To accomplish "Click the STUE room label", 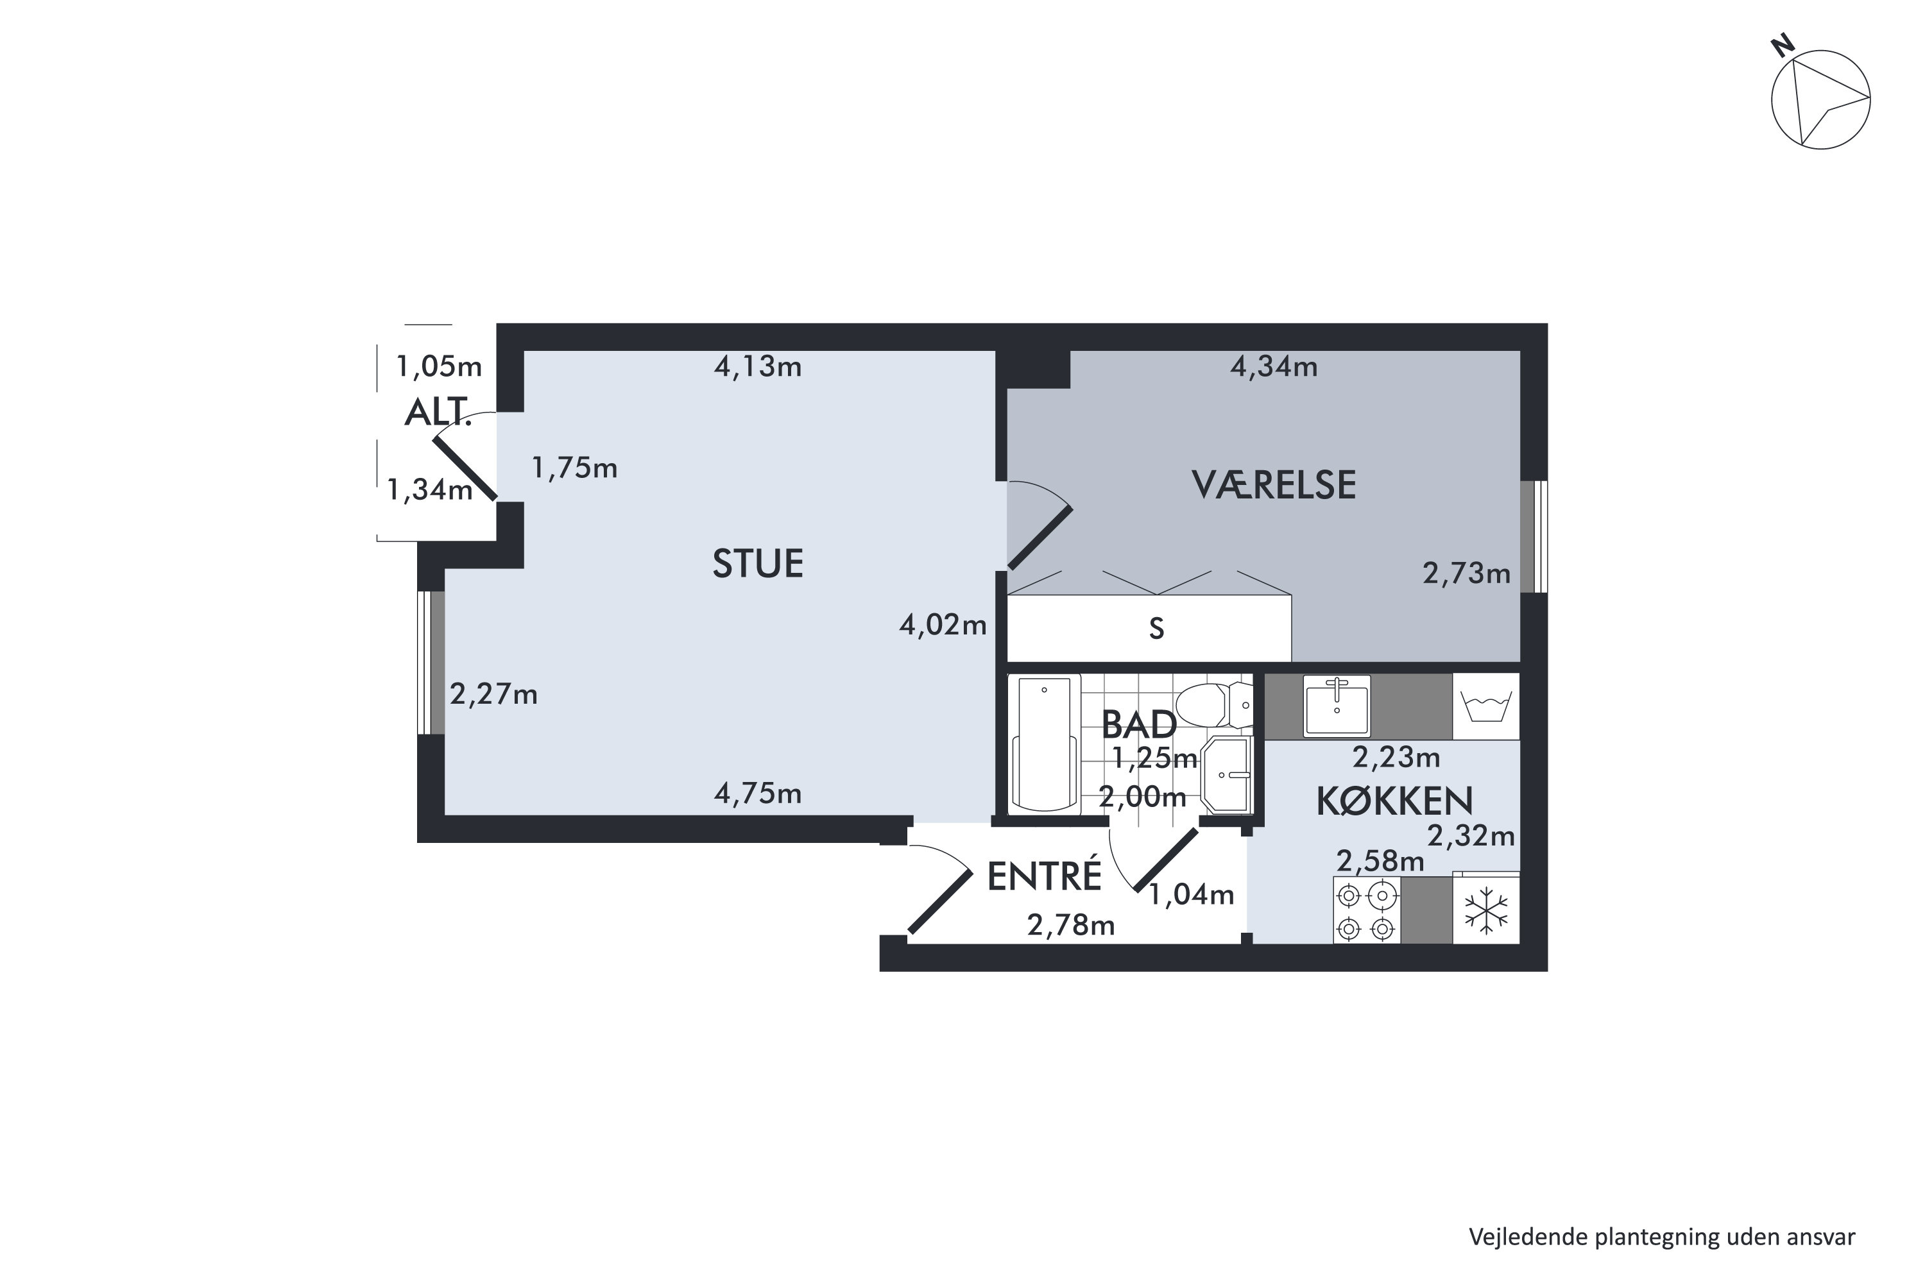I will [757, 564].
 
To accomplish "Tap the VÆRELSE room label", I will [1274, 485].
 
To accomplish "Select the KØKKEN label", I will [1394, 802].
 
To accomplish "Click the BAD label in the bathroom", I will [1138, 725].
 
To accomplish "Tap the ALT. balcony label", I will [438, 413].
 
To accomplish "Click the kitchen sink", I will [1336, 705].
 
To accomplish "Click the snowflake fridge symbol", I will [1485, 912].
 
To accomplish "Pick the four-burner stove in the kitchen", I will [1366, 912].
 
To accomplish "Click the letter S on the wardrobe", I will [1156, 629].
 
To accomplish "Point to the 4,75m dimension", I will [757, 794].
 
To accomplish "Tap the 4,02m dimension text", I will [942, 625].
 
